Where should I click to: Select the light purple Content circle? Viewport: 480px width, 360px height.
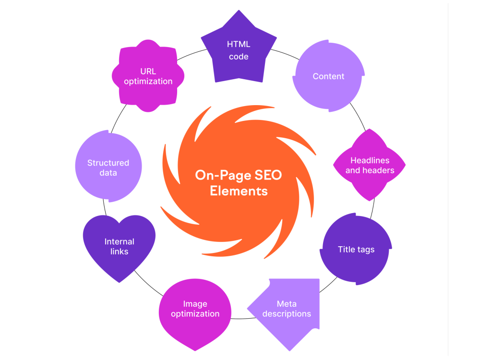point(328,76)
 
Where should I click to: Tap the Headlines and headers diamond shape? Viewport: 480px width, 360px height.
point(370,165)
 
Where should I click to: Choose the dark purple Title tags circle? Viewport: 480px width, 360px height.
point(356,249)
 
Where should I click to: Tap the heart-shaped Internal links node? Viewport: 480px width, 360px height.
point(119,246)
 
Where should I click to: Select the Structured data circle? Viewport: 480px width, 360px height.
point(108,166)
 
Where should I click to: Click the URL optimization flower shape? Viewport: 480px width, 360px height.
point(148,76)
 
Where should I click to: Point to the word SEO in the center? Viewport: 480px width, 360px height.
point(268,175)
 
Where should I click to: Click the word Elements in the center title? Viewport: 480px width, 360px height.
point(239,191)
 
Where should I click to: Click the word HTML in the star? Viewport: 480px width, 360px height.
point(239,44)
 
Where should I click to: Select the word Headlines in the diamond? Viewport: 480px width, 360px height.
point(370,160)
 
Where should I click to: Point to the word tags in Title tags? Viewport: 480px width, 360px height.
point(366,250)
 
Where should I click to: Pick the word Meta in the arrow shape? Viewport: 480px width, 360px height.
point(287,304)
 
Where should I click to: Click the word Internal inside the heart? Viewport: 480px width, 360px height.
point(120,241)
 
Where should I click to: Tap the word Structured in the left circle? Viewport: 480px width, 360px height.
point(108,163)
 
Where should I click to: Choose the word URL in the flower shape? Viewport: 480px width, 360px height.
point(148,72)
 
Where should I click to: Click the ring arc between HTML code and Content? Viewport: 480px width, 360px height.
point(285,53)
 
